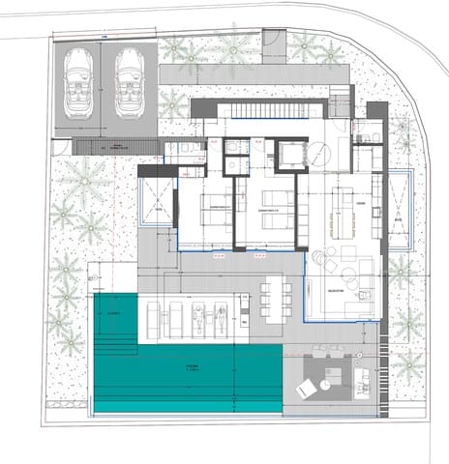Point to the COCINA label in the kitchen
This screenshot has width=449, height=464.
pyautogui.click(x=360, y=203)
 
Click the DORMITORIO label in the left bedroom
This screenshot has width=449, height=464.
pyautogui.click(x=218, y=207)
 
